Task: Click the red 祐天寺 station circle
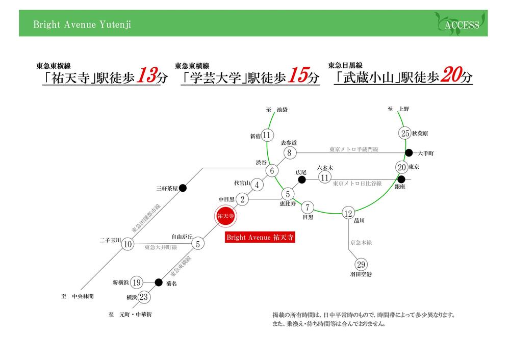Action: pos(225,216)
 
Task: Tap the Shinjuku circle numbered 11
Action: pos(266,135)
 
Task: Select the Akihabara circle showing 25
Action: pos(405,134)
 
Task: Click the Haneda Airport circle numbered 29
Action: pos(362,265)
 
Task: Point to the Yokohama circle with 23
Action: pos(144,297)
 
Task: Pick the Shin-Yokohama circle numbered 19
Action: pos(136,282)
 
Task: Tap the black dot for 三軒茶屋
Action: pos(183,188)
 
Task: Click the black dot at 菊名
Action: pos(159,282)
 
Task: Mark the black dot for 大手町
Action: pos(409,152)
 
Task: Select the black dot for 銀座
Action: pos(402,179)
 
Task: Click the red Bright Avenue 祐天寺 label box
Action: pos(260,238)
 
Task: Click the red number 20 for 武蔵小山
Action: pos(448,76)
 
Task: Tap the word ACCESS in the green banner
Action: pos(462,25)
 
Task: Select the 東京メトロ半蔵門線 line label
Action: pos(353,149)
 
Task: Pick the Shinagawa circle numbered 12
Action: pos(348,214)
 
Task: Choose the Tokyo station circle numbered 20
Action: pos(401,167)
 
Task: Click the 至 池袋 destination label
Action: pos(277,110)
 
